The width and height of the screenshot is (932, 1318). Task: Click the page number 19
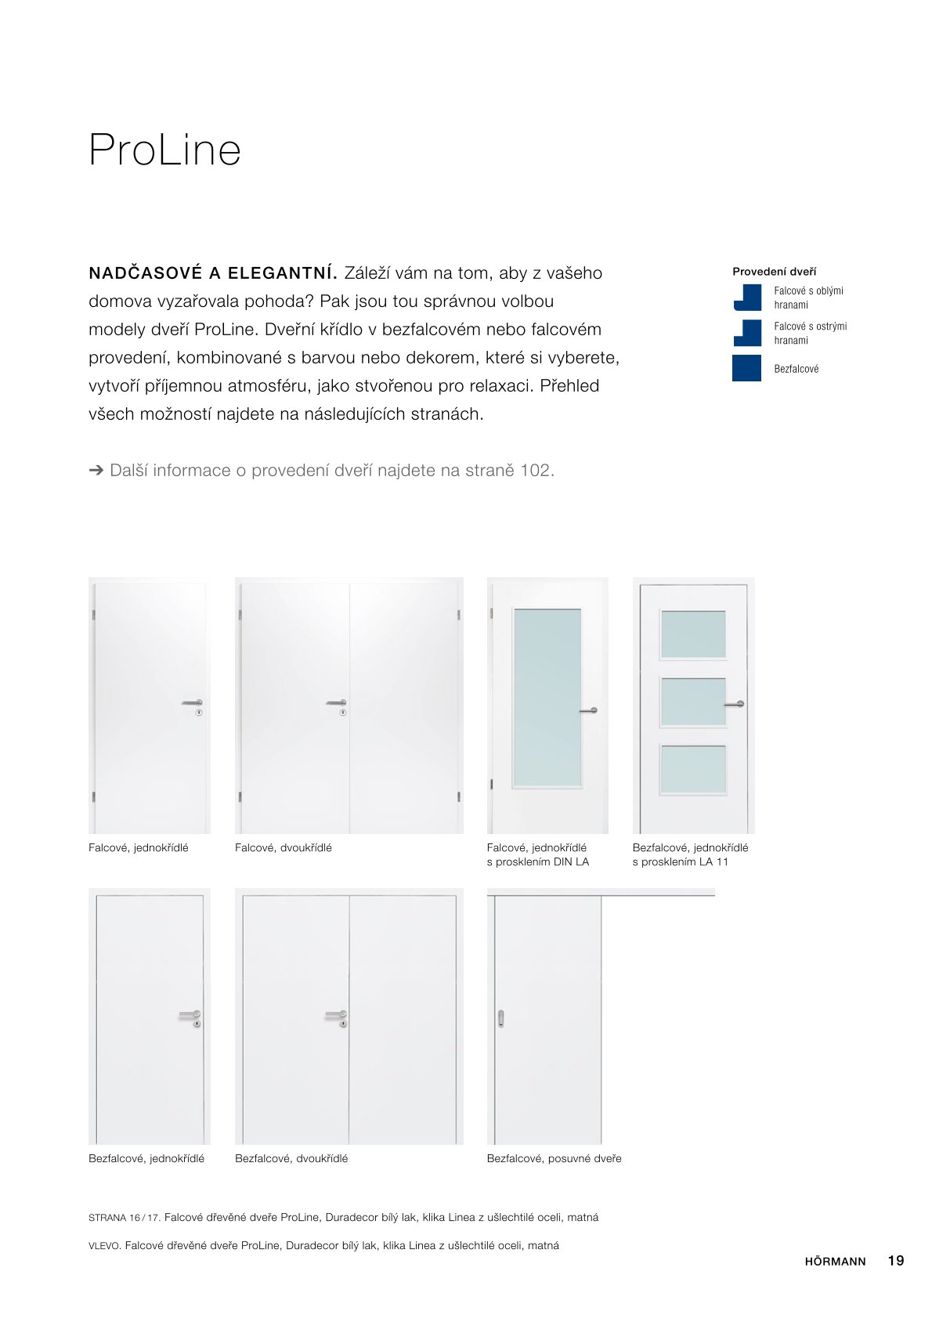896,1260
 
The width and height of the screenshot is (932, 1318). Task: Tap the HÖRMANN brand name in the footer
835,1261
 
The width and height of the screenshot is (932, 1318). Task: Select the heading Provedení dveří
774,272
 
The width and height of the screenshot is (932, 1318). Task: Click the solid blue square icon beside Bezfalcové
746,368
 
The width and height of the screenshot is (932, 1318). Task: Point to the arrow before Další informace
96,470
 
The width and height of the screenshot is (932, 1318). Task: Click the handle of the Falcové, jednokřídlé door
193,703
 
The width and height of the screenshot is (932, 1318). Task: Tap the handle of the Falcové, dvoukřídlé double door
337,703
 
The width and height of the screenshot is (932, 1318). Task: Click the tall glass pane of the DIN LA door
547,697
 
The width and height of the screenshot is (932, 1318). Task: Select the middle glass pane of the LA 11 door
693,702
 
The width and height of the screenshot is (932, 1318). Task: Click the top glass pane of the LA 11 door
693,634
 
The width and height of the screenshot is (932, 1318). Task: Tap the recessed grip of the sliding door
501,1018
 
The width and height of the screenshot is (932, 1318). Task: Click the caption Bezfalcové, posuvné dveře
554,1158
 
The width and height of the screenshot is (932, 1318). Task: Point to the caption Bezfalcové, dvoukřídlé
291,1158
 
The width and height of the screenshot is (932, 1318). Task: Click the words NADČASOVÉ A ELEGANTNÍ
212,273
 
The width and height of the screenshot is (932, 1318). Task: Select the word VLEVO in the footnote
104,1246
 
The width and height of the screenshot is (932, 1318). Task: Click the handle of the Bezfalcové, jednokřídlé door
190,1015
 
